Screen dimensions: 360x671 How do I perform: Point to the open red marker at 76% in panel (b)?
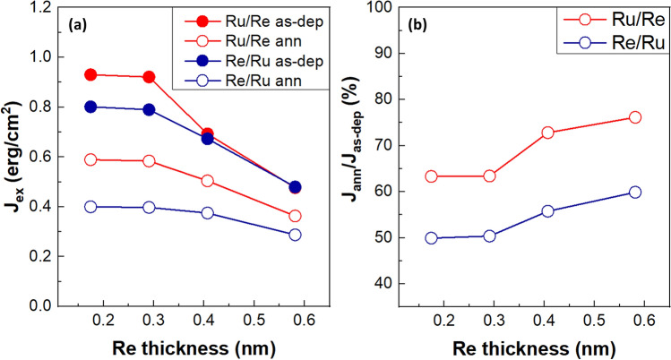(635, 117)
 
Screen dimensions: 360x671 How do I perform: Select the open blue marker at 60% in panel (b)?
(635, 192)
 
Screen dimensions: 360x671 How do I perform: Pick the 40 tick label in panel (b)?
(383, 284)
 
